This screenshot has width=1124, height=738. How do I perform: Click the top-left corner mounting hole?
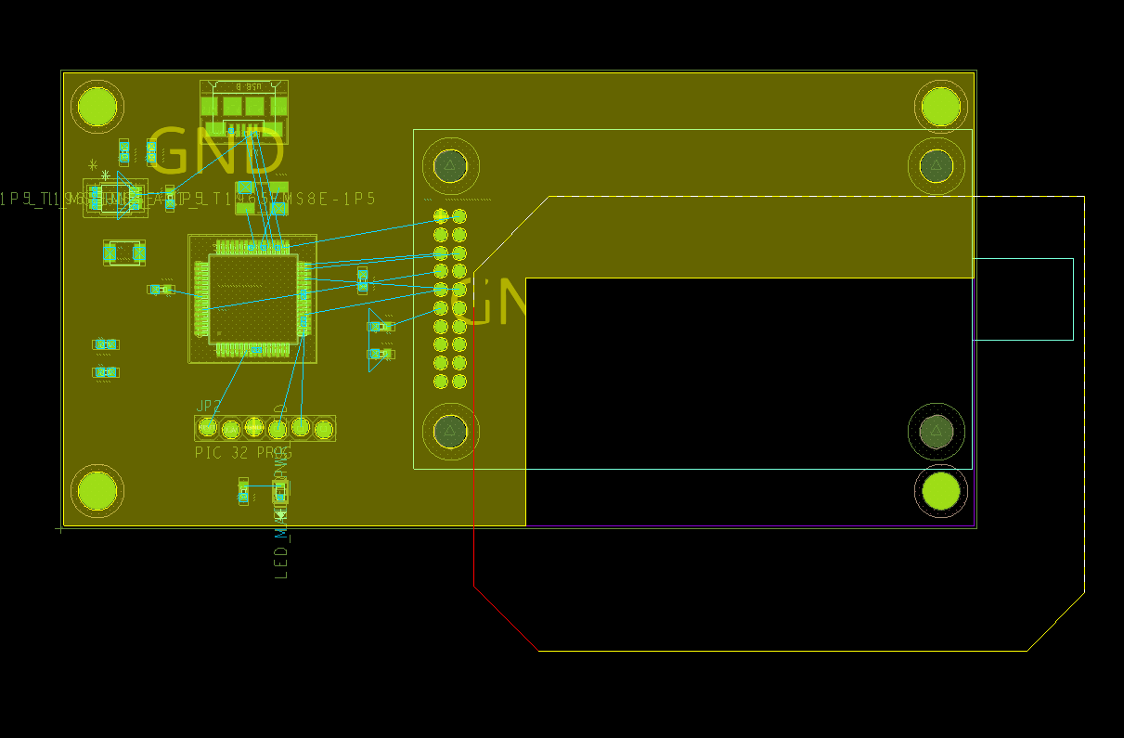pyautogui.click(x=97, y=106)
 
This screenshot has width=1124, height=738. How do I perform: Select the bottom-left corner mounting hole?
pyautogui.click(x=97, y=490)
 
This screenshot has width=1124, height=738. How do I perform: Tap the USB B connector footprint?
pyautogui.click(x=243, y=110)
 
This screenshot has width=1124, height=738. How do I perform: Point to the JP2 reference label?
pyautogui.click(x=209, y=407)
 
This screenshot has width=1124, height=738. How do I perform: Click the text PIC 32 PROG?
pyautogui.click(x=242, y=453)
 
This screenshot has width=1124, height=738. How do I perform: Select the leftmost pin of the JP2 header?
pyautogui.click(x=208, y=427)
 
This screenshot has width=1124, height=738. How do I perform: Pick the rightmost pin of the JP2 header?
pyautogui.click(x=323, y=429)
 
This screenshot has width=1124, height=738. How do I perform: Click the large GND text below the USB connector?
pyautogui.click(x=215, y=151)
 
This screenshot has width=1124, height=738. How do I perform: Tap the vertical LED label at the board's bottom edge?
pyautogui.click(x=282, y=538)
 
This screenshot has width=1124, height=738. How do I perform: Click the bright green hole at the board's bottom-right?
pyautogui.click(x=940, y=491)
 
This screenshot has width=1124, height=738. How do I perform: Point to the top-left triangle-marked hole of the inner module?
pyautogui.click(x=450, y=166)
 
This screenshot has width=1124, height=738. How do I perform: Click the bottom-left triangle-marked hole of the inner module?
pyautogui.click(x=450, y=431)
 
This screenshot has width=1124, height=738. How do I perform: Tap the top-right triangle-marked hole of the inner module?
pyautogui.click(x=936, y=166)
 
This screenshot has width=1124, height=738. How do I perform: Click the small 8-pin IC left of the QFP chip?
pyautogui.click(x=115, y=199)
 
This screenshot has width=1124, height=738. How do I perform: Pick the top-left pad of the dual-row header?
pyautogui.click(x=441, y=216)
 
